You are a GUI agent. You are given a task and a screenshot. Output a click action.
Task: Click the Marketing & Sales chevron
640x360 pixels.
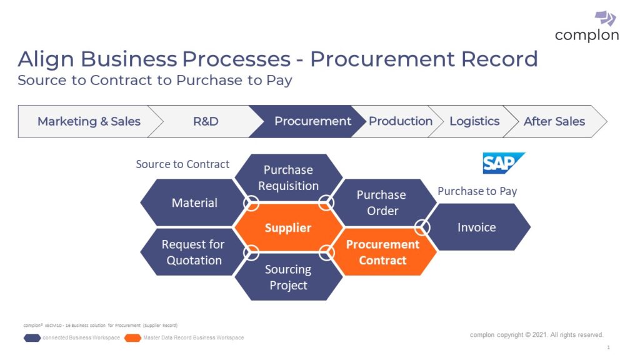[89, 121]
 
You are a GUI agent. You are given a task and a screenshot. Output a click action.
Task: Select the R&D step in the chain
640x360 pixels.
[206, 121]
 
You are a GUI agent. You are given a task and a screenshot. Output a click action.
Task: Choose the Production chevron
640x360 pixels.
[400, 121]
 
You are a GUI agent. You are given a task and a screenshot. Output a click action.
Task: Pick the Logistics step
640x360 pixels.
[474, 121]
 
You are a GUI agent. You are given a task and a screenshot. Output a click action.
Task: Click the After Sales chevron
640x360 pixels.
[554, 121]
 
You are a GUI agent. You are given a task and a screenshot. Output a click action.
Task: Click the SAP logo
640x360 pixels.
[503, 163]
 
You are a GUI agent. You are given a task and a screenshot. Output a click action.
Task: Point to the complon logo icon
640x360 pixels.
[604, 17]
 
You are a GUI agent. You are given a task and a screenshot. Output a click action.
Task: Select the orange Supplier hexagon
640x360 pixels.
[288, 227]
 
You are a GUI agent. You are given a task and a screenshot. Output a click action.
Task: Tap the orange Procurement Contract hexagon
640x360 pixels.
[382, 252]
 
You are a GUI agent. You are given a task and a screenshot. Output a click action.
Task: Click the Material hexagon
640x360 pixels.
[194, 202]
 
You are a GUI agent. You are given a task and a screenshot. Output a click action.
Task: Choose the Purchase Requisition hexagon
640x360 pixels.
[288, 177]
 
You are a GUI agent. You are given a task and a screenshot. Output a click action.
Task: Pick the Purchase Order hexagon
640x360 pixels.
[382, 202]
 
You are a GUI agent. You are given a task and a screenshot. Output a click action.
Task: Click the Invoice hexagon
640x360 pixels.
[477, 227]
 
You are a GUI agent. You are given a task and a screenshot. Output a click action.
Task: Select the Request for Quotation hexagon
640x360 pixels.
[193, 252]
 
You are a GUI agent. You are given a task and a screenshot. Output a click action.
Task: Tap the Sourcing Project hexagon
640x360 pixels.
[288, 277]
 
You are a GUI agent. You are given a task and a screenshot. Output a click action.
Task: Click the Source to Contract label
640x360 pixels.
[182, 164]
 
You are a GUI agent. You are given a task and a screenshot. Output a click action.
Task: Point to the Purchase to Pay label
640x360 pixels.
[477, 191]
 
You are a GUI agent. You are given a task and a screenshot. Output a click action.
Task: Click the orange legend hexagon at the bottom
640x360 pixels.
[132, 338]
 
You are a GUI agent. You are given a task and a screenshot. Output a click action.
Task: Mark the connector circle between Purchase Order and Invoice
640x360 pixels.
[422, 227]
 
